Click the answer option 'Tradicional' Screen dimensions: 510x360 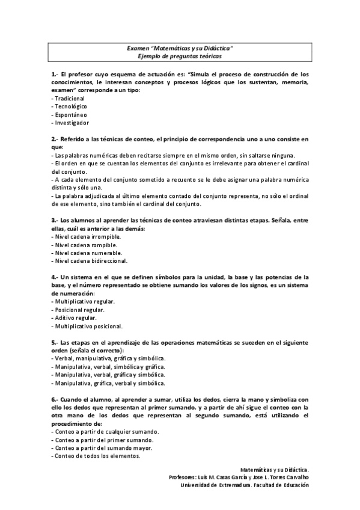tap(70, 98)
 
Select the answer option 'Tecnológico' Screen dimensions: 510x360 tap(71, 106)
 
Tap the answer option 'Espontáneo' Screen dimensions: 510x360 tap(71, 114)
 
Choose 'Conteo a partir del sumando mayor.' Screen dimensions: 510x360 tap(100, 447)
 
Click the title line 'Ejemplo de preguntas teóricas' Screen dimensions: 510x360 tap(180, 55)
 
